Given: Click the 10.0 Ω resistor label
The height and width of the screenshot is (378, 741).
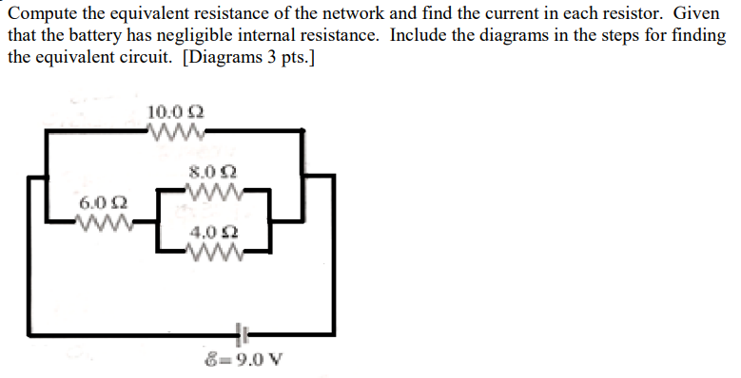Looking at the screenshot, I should [172, 112].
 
